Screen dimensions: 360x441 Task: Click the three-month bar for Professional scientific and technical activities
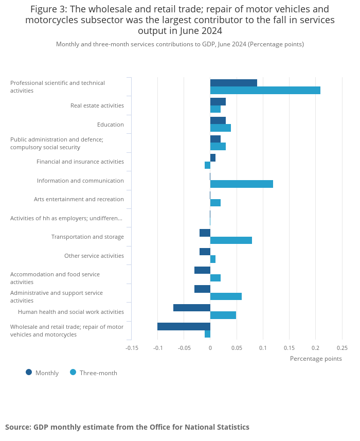(x=265, y=90)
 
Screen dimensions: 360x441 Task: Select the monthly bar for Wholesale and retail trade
(x=184, y=327)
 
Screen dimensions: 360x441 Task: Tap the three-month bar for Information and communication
(x=242, y=184)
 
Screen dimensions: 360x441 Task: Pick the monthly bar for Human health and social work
(x=192, y=308)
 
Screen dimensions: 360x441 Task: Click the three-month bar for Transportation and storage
(x=231, y=240)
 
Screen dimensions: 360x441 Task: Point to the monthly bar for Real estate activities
(x=218, y=101)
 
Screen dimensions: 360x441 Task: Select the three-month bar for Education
(x=221, y=128)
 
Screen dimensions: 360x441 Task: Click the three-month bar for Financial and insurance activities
(x=208, y=165)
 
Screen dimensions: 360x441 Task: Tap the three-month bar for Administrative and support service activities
(x=226, y=296)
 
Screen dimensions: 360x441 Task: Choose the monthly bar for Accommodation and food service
(x=202, y=270)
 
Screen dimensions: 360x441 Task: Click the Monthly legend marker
(x=29, y=373)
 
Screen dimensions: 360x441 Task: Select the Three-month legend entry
(x=94, y=373)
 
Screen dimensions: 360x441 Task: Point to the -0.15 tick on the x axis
(x=132, y=348)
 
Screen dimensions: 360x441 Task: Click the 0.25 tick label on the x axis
(x=342, y=348)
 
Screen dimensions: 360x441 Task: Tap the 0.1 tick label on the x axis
(x=263, y=348)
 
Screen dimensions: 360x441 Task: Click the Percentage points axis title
(x=316, y=359)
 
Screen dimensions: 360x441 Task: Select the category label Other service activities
(x=94, y=256)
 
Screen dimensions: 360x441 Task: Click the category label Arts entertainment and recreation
(x=79, y=199)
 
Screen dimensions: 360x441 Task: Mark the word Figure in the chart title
(x=44, y=9)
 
